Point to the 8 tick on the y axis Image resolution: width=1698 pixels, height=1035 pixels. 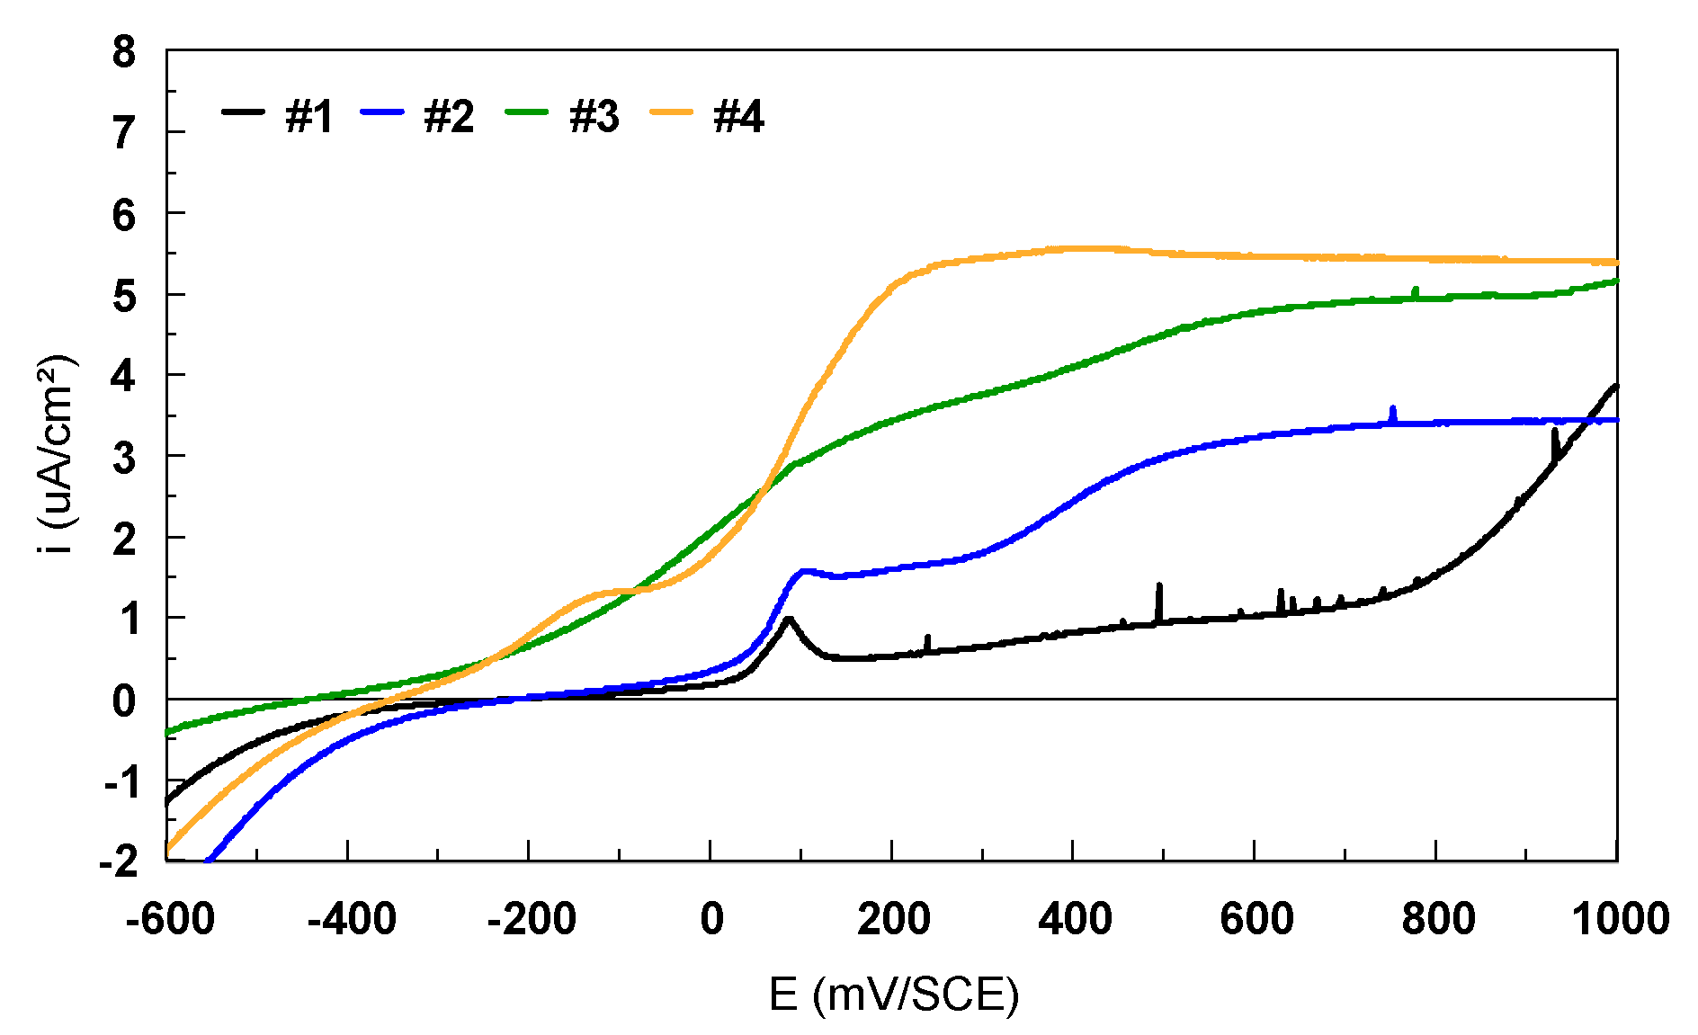124,52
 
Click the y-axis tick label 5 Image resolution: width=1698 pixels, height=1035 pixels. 124,296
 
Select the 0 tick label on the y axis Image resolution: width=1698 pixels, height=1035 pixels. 124,700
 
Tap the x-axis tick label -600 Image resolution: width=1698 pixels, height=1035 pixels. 170,919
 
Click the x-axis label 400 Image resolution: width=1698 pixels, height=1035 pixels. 1074,919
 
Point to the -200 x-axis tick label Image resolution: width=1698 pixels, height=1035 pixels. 532,919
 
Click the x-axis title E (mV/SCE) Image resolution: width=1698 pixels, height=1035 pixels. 894,995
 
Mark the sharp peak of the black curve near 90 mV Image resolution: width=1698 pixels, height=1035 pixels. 789,619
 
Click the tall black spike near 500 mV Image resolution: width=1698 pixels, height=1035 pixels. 1159,586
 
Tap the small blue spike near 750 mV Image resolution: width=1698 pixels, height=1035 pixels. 1393,408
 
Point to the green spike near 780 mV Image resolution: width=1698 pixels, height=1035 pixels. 1416,289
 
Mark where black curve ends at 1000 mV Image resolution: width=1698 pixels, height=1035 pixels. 1616,386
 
